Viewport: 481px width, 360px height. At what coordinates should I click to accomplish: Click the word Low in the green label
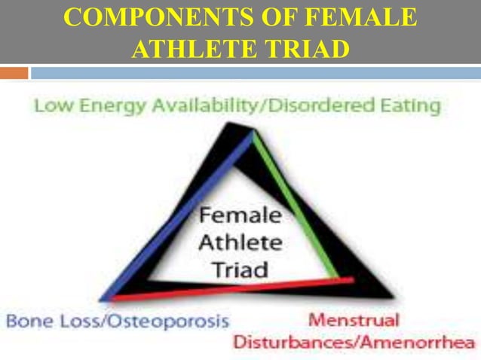(50, 106)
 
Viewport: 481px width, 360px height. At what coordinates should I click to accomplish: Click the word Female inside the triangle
(240, 215)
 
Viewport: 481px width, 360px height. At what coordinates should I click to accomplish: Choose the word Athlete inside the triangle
(240, 243)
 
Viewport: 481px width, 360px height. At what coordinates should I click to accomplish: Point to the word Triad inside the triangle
(240, 269)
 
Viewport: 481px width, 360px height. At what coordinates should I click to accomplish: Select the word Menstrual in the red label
(354, 320)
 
